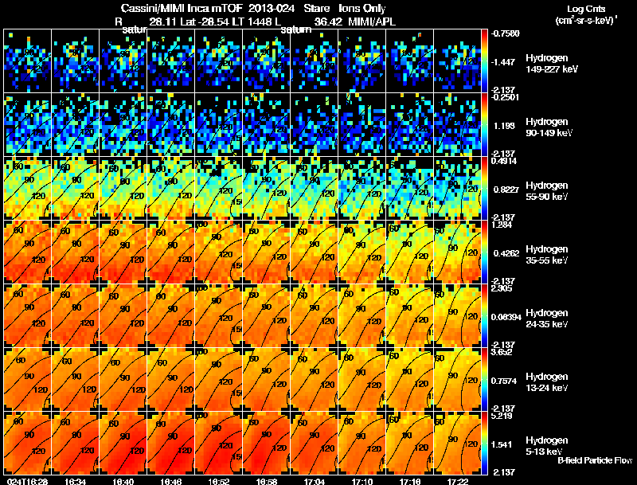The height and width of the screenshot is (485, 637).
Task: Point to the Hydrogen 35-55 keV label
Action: tap(548, 255)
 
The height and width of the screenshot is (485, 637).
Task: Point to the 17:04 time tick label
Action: tap(314, 481)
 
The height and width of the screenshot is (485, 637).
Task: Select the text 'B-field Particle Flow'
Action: tap(595, 460)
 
